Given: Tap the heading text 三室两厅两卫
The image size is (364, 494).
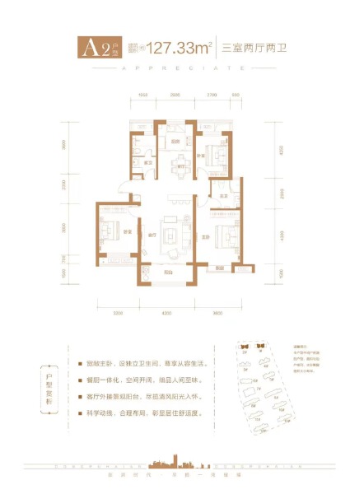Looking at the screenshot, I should (252, 48).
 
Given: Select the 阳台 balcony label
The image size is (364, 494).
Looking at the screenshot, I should (168, 273).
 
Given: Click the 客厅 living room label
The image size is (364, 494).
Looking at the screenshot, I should (152, 236).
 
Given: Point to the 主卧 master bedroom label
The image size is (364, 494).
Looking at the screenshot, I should (205, 237).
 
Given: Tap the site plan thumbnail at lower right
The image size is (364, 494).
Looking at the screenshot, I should (272, 387).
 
